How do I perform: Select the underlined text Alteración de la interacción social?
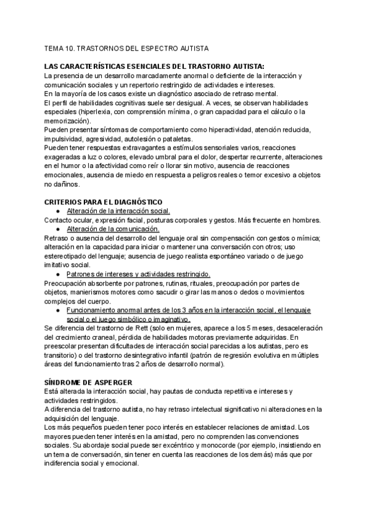coord(113,211)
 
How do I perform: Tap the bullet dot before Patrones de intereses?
coord(57,274)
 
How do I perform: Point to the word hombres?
coord(306,220)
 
